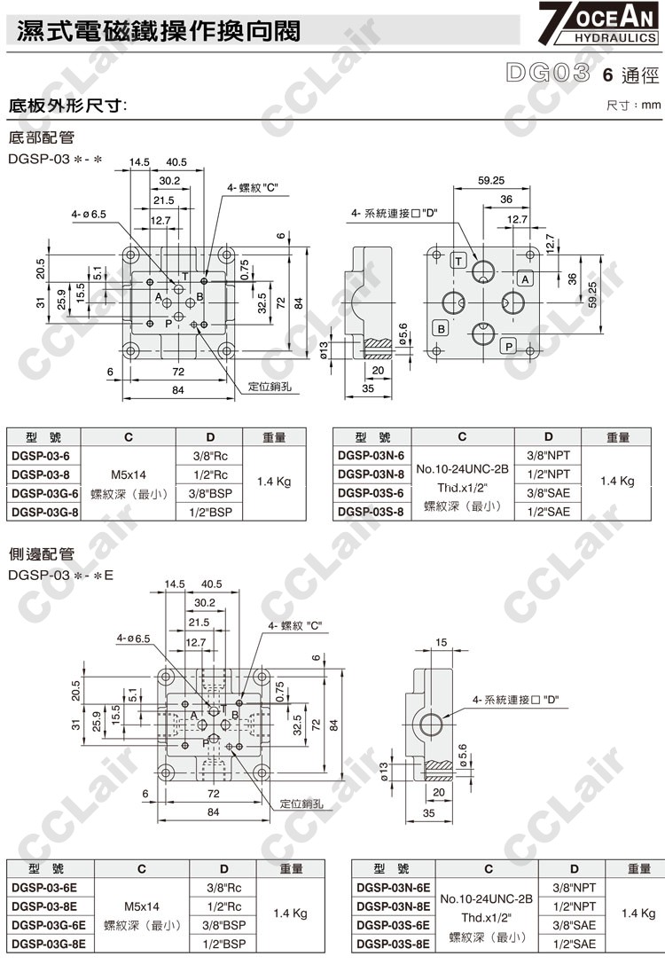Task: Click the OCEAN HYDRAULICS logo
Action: [599, 24]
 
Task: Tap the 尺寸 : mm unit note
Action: [633, 106]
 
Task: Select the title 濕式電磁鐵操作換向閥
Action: [159, 31]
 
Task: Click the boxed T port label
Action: [458, 260]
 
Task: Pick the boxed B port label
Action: [440, 328]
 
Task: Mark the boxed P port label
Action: [508, 347]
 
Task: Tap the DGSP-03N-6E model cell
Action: [393, 887]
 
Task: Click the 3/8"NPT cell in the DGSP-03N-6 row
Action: [548, 455]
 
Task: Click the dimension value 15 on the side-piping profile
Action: [442, 642]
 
